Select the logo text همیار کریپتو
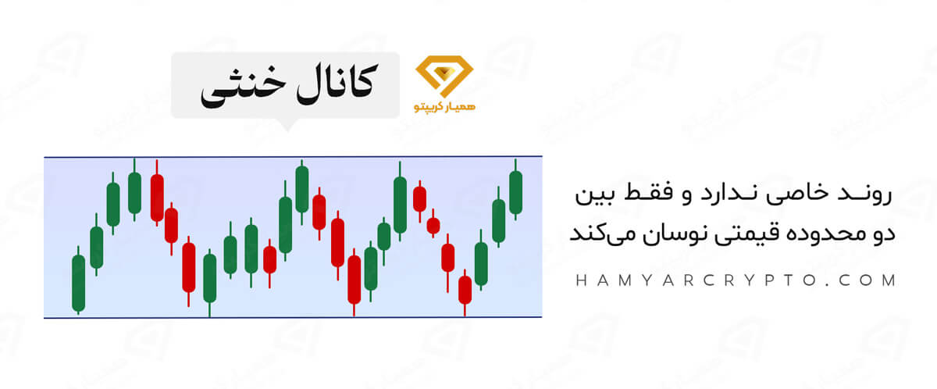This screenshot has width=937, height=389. click(440, 106)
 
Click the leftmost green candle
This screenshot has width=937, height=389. click(78, 282)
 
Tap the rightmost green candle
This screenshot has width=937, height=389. click(515, 192)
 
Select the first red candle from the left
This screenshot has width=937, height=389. click(157, 198)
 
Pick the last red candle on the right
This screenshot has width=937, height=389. click(465, 289)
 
